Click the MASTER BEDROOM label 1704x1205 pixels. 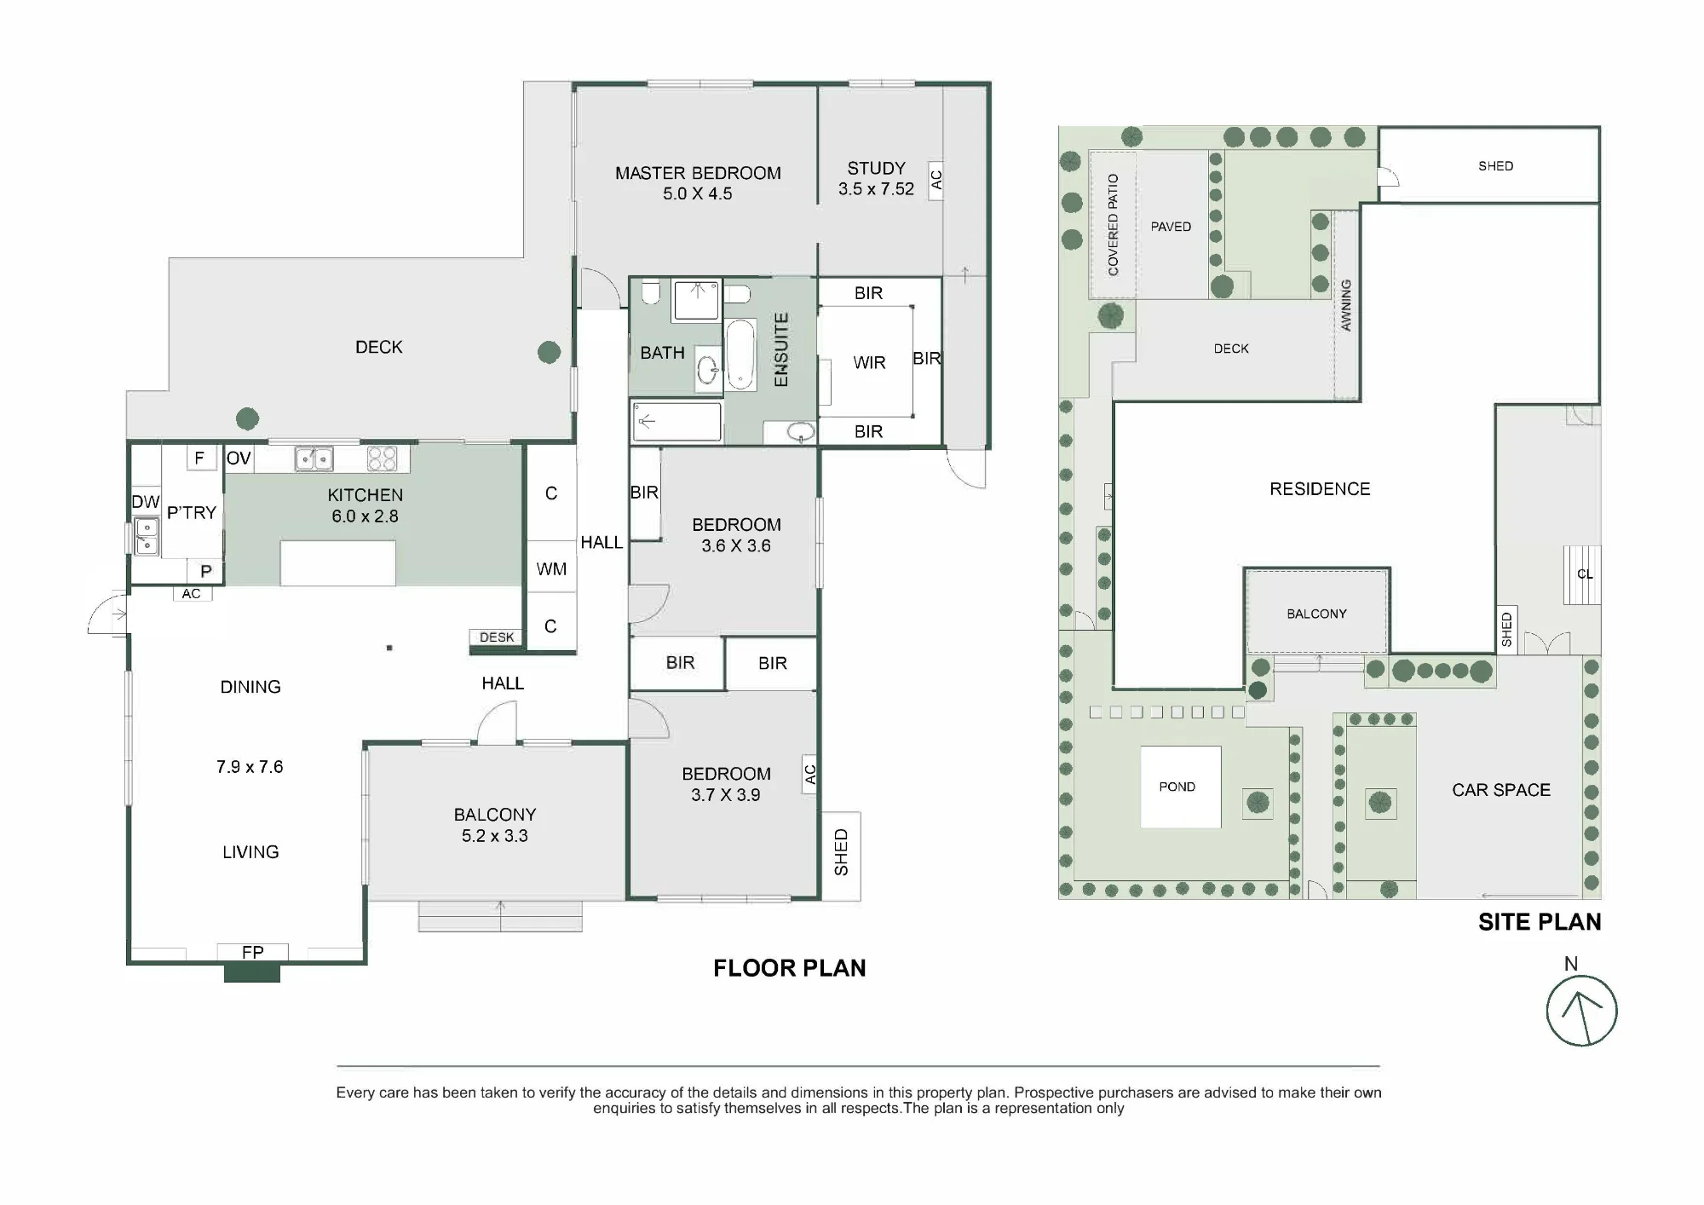tap(698, 173)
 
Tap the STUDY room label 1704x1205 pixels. tap(876, 168)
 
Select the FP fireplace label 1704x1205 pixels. tap(252, 952)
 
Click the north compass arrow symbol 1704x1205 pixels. tap(1581, 1012)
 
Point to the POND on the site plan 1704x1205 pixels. tap(1180, 787)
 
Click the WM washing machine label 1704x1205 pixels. tap(551, 568)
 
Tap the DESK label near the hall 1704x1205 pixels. tap(497, 637)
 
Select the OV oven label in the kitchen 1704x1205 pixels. tap(239, 458)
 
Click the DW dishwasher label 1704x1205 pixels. tap(146, 502)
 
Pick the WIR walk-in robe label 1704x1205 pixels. tap(869, 363)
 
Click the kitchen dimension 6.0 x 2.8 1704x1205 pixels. tap(365, 516)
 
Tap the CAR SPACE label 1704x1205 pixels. tap(1501, 790)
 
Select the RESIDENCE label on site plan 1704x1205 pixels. tap(1320, 489)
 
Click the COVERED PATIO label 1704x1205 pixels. tap(1113, 225)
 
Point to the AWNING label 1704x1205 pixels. tap(1346, 305)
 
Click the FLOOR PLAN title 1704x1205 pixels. tap(789, 968)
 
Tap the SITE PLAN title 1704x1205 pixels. tap(1540, 922)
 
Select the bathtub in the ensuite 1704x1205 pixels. tap(740, 355)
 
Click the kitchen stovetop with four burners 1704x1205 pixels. tap(382, 458)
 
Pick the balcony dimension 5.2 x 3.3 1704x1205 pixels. tap(495, 836)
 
